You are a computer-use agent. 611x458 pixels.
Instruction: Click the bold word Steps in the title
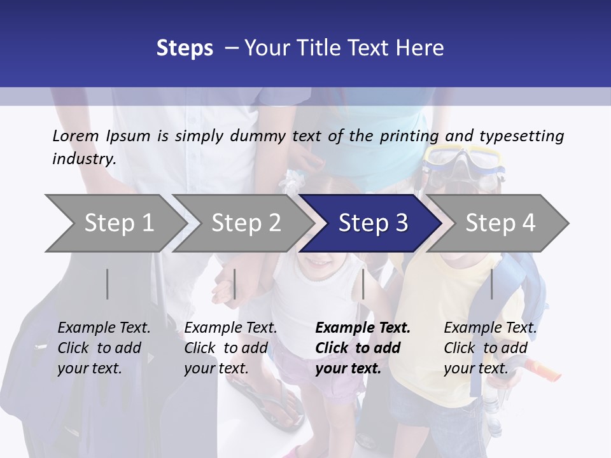[185, 48]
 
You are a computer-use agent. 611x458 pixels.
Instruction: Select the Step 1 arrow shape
[115, 223]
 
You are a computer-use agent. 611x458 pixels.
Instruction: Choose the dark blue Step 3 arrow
[373, 223]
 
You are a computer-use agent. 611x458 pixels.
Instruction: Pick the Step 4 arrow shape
[500, 223]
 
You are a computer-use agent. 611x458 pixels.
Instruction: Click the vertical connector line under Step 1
[108, 284]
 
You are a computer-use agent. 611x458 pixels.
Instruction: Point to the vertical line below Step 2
[235, 284]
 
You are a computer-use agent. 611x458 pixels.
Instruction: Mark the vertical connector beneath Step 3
[363, 284]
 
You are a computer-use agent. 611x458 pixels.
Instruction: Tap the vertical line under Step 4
[491, 284]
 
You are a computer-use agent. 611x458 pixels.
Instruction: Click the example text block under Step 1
[104, 348]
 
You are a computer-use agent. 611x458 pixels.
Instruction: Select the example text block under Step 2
[230, 348]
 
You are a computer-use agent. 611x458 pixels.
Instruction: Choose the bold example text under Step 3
[363, 348]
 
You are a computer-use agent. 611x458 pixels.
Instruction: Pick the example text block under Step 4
[490, 348]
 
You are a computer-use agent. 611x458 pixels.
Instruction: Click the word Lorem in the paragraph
[76, 135]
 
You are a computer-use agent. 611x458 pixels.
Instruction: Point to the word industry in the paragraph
[83, 158]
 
